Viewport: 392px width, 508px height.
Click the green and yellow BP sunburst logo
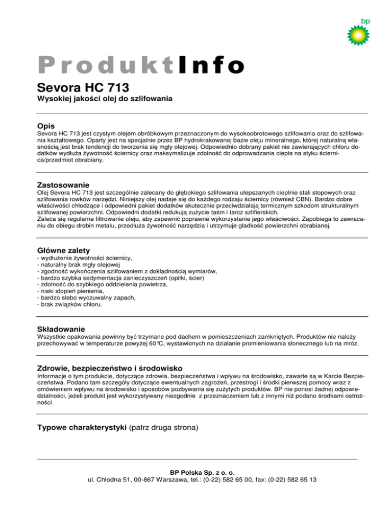click(x=357, y=35)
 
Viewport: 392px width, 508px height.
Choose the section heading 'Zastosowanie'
click(x=63, y=184)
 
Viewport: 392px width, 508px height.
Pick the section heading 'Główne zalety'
click(x=64, y=250)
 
